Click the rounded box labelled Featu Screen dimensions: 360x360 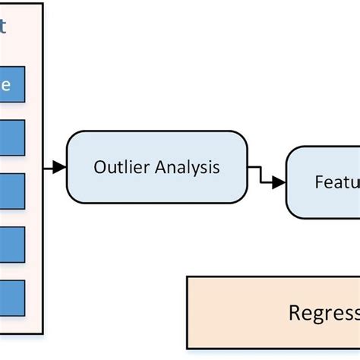click(324, 182)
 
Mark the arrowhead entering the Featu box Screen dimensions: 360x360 click(281, 182)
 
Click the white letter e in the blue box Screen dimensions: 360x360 click(6, 86)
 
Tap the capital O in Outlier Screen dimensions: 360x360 click(99, 168)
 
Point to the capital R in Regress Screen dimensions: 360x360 click(294, 313)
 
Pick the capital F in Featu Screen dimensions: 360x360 click(319, 183)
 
